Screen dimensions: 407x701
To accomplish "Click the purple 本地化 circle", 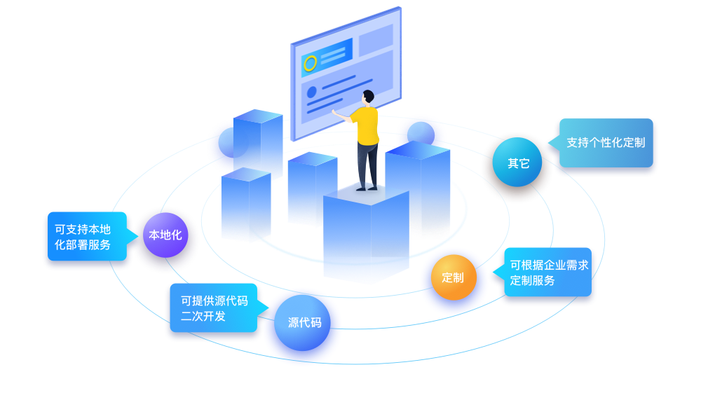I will [165, 235].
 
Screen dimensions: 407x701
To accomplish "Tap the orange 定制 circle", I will [453, 277].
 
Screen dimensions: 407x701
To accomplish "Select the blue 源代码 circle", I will [304, 323].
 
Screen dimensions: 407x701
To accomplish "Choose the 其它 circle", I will [519, 163].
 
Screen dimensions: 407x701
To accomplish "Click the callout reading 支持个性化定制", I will [605, 142].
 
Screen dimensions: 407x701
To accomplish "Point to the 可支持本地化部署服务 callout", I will [84, 237].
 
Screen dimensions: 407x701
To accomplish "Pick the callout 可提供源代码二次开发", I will [213, 308].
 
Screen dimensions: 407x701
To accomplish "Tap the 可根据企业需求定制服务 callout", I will [548, 273].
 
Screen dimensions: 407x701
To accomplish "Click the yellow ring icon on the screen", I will [310, 63].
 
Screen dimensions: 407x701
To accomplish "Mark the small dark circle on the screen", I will [312, 92].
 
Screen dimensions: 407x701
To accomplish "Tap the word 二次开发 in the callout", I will [203, 316].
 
